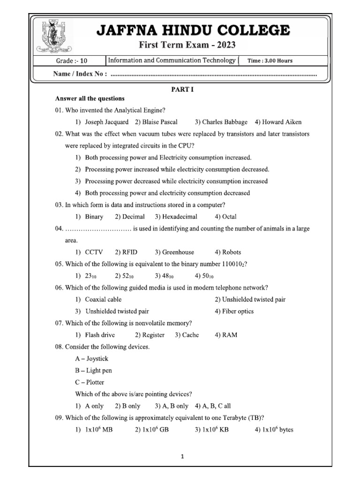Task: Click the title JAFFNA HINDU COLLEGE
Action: pos(193,31)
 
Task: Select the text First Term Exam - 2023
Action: pos(186,45)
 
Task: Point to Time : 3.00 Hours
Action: pos(270,60)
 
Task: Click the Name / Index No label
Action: pos(81,74)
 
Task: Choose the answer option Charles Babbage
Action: pos(221,122)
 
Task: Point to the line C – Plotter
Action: pos(90,382)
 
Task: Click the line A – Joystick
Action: pos(91,359)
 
